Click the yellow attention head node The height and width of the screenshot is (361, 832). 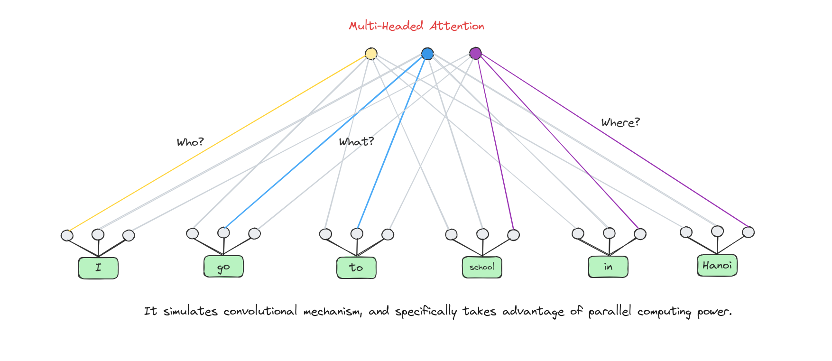pos(371,54)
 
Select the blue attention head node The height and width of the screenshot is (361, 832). pos(427,54)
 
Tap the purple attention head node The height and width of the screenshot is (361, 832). pos(475,53)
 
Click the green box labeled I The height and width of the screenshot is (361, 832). pos(98,268)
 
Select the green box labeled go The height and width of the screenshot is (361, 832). pos(223,267)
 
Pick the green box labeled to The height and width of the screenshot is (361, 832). pos(356,268)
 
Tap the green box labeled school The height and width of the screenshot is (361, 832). pos(482,267)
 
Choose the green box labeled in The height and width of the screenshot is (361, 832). pos(608,267)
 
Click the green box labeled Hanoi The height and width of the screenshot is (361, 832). pos(717,265)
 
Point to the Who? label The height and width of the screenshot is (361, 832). pos(190,142)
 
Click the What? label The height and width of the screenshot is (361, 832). pos(356,141)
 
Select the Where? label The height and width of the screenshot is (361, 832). pos(620,122)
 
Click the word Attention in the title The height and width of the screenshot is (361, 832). pos(457,26)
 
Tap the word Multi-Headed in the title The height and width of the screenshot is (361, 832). pos(386,26)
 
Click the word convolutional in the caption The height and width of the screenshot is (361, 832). pos(260,311)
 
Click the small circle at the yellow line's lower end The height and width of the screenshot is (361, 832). pos(67,235)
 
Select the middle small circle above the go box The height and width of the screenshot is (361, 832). pos(223,232)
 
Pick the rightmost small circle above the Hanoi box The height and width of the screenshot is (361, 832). pos(748,232)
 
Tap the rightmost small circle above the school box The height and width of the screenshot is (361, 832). pos(513,235)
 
